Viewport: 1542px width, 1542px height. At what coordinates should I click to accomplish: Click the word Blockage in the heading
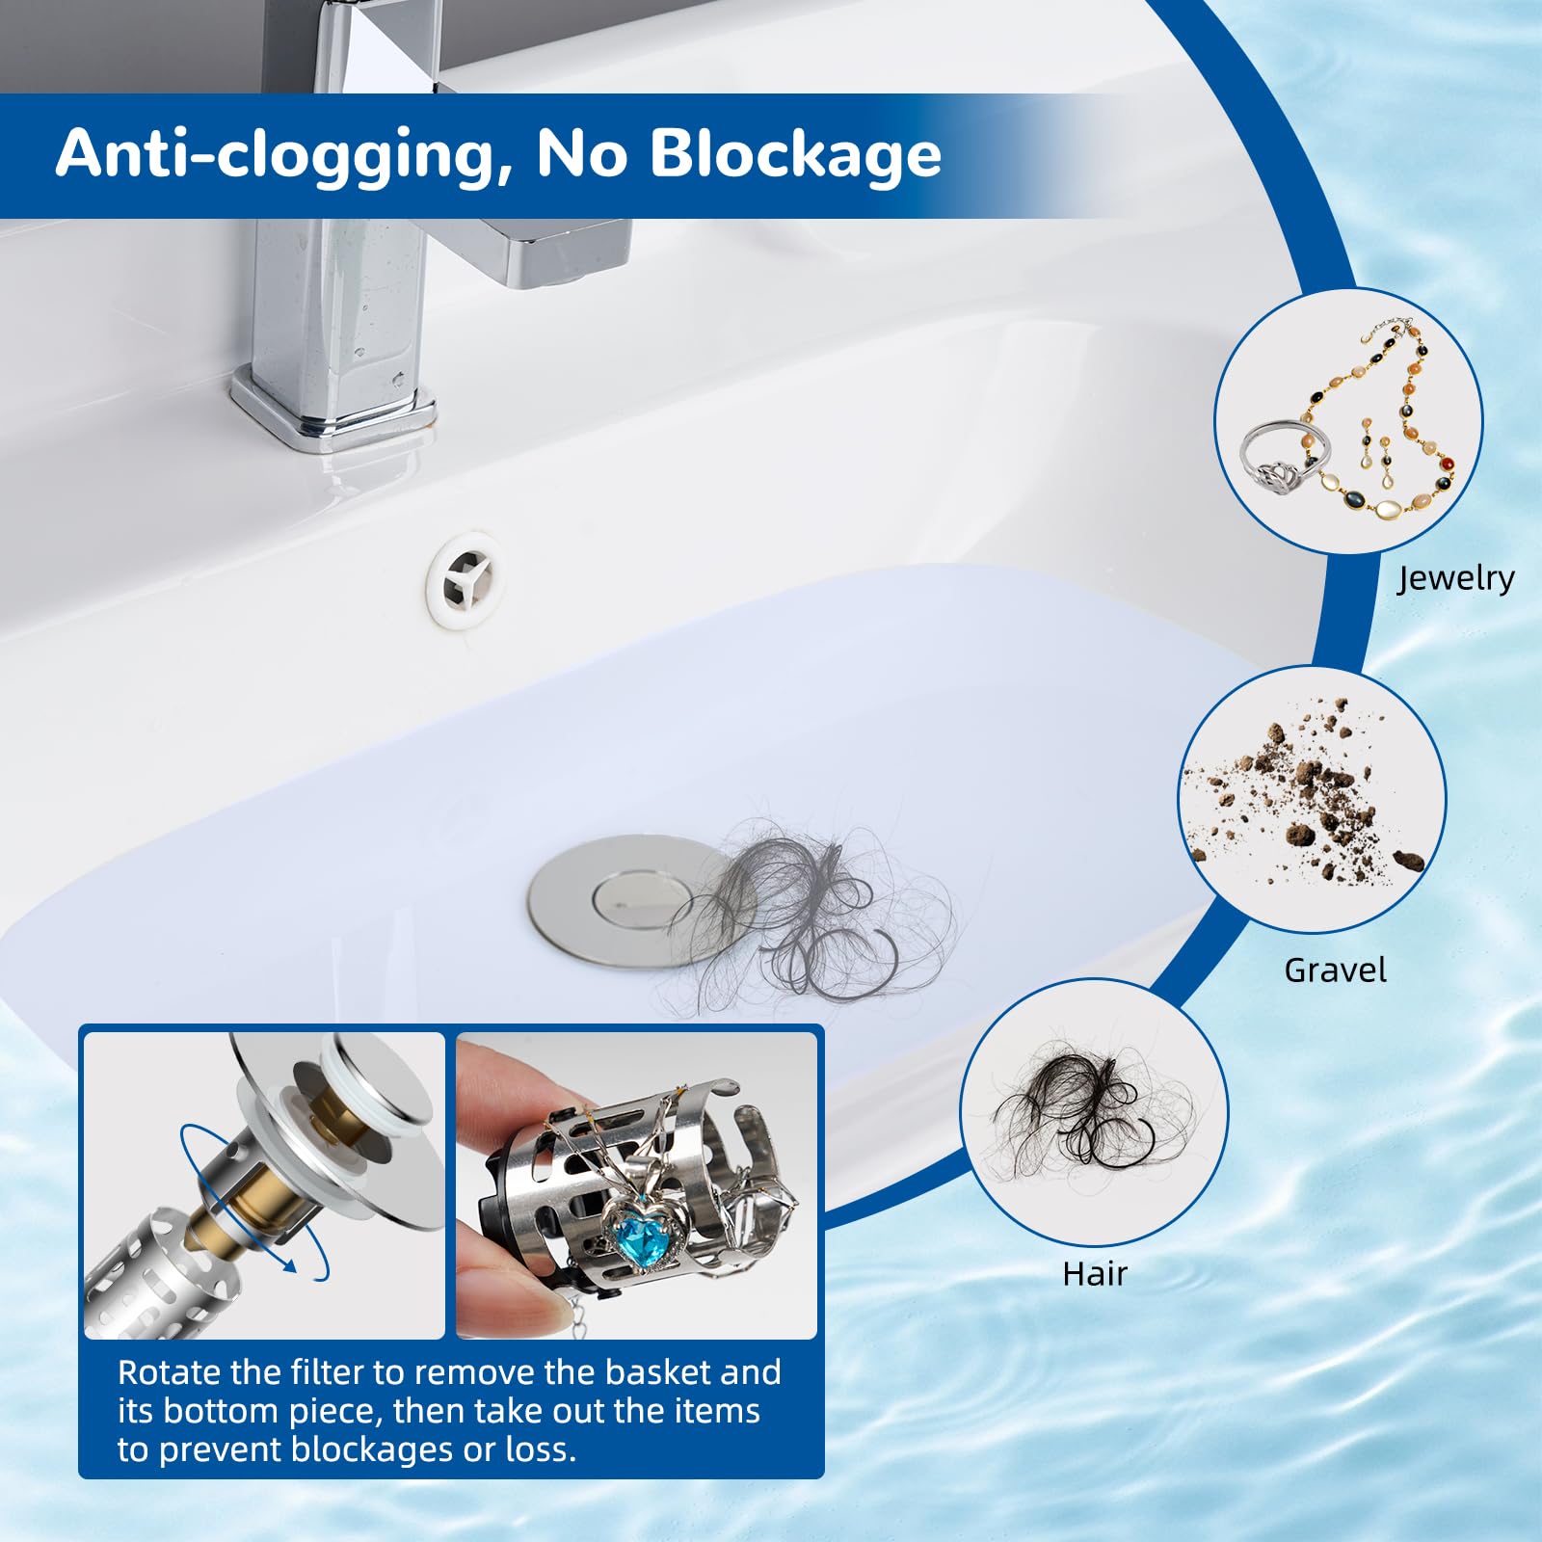pos(796,153)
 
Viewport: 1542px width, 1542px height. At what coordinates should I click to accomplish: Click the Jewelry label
pos(1455,578)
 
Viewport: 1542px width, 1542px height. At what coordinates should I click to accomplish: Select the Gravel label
pos(1335,970)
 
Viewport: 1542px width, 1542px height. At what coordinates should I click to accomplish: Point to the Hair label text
pos(1094,1274)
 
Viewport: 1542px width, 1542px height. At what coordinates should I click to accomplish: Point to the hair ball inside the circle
pos(1089,1108)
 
